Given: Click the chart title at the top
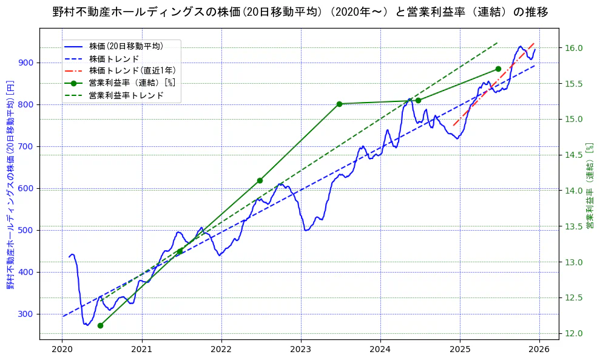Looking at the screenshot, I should pos(300,12).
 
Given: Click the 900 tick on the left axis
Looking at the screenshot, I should pos(27,63).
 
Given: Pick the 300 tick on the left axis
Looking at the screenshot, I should pos(27,314).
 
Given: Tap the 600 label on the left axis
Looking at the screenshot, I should pos(27,188).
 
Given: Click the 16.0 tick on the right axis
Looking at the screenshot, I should pos(574,48).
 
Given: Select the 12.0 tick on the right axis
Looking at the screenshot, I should pos(574,333).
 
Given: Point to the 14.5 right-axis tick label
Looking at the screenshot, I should pos(574,155).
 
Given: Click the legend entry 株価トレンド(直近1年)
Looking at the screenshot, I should pos(132,70).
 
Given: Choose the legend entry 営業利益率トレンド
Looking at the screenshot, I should pos(126,95).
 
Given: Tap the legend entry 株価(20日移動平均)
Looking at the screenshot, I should pos(126,46).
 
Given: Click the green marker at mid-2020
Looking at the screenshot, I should pos(100,325).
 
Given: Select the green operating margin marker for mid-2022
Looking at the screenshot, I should pos(260,180).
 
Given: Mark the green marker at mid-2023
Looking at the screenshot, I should pos(339,104).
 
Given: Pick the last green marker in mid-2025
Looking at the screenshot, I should pos(498,69).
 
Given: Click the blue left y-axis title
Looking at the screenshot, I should pos(10,185).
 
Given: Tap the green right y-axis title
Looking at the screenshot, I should pos(589,186).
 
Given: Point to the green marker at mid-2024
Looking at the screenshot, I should pos(418,100).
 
